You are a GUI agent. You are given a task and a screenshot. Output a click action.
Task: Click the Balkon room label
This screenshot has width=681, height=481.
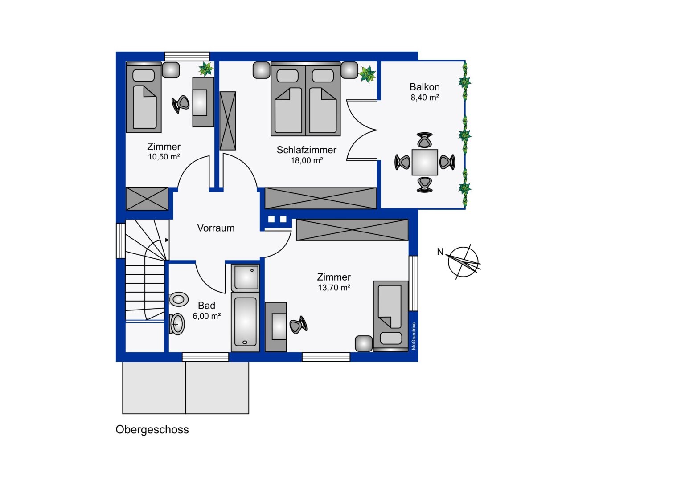tap(424, 87)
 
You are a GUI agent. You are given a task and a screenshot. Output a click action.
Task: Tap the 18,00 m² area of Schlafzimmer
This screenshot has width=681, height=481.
tap(307, 160)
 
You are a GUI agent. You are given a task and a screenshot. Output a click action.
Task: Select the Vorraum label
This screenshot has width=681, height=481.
tap(216, 228)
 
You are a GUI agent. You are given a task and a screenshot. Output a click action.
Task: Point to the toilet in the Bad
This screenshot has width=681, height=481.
tap(178, 299)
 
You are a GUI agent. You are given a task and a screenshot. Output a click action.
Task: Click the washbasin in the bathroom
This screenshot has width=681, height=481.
tap(177, 324)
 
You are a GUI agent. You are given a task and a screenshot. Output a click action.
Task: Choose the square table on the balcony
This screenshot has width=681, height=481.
tap(425, 162)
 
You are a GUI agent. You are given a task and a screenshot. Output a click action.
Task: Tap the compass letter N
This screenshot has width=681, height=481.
tap(440, 252)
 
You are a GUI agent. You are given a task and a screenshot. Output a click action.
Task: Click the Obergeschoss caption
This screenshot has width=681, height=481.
tap(152, 430)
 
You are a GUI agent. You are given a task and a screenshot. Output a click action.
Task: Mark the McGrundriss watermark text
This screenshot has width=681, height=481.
tap(414, 336)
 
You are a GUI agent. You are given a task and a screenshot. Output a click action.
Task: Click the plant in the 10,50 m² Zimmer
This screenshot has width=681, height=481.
tap(206, 69)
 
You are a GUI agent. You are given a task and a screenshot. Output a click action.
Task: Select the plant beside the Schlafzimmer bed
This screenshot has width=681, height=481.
tap(367, 74)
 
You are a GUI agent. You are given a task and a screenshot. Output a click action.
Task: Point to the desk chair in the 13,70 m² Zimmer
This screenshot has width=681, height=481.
tap(298, 325)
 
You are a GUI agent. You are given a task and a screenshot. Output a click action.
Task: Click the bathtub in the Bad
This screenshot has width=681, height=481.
tap(245, 322)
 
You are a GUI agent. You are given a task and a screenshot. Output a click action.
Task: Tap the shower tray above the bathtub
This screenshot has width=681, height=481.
tap(245, 278)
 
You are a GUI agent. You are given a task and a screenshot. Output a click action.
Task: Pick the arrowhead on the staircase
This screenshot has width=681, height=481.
tap(167, 240)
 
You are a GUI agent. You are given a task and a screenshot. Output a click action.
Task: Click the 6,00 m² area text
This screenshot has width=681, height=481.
tap(206, 316)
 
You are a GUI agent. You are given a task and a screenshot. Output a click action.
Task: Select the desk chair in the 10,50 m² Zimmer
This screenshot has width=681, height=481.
tap(181, 104)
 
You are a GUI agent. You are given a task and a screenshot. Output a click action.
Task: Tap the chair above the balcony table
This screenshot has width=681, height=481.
tap(425, 140)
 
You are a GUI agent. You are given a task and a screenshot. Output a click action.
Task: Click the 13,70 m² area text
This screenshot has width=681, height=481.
tap(334, 287)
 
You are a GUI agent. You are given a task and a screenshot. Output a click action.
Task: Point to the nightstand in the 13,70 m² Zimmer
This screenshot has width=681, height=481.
tap(364, 344)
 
